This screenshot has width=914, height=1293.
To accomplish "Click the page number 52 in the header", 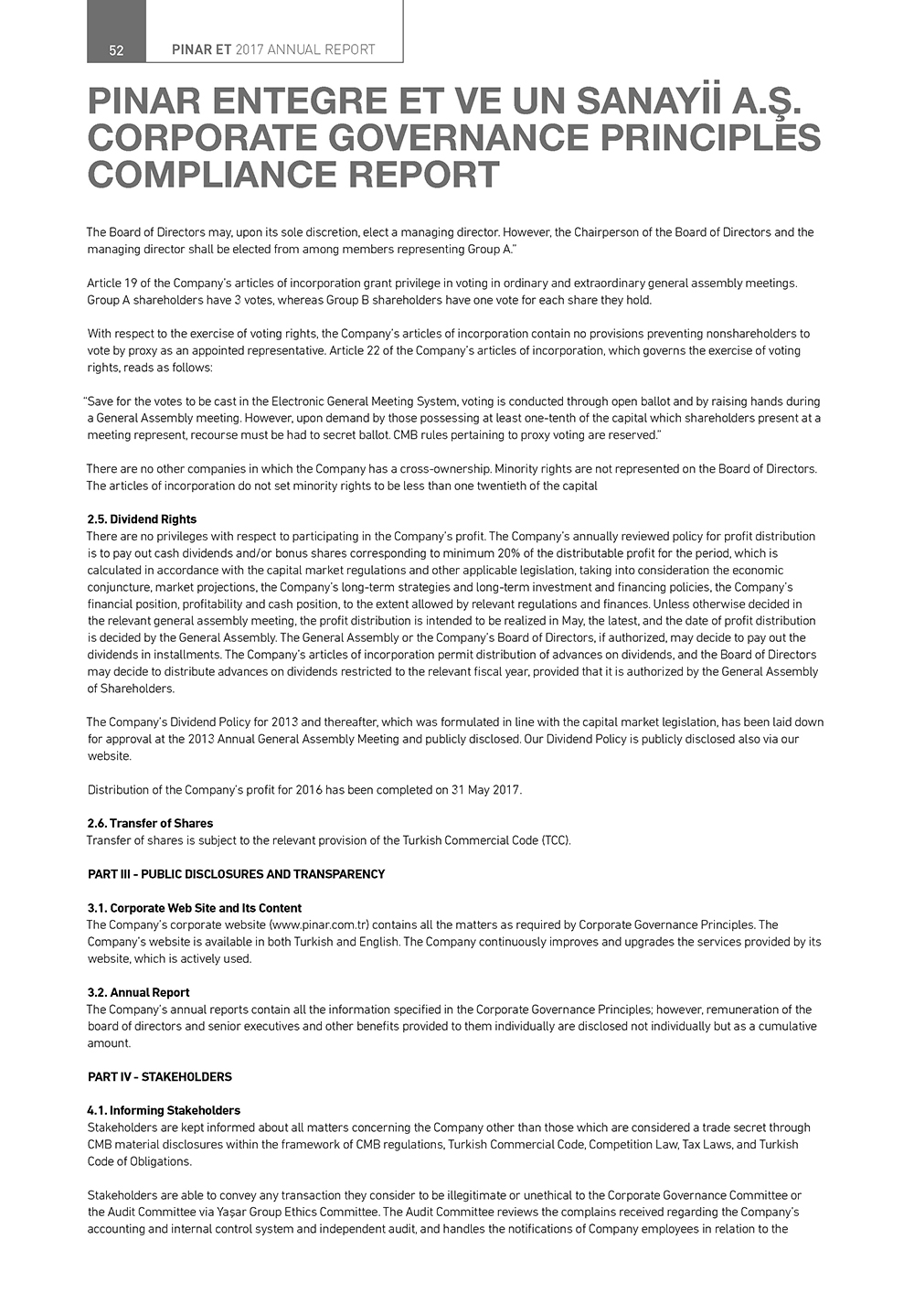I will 116,50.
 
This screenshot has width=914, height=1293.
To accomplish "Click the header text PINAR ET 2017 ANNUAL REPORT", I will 273,50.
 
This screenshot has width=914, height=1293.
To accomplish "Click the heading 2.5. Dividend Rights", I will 142,519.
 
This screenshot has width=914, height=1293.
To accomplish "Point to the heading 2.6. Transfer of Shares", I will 150,824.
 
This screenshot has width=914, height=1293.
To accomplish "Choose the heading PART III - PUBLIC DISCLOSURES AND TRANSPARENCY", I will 236,874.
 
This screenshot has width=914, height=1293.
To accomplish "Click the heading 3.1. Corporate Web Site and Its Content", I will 194,908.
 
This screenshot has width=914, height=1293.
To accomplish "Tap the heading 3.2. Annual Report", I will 138,992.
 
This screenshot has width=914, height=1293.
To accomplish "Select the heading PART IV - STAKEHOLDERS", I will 159,1077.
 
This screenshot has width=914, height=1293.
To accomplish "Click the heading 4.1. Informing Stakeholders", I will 164,1111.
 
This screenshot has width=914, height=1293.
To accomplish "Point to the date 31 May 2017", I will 485,790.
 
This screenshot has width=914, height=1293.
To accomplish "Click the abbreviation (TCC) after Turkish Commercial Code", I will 556,840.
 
